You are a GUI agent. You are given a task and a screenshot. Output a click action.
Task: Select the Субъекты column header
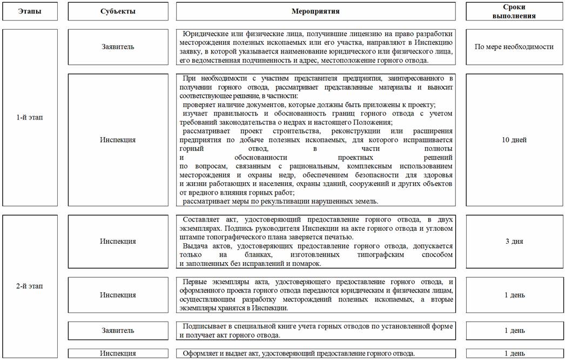tap(118, 11)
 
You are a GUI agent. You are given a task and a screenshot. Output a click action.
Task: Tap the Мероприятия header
tap(316, 11)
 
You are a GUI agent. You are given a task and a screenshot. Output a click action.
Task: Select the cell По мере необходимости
tap(514, 46)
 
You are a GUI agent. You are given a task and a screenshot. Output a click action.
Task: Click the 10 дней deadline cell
tap(514, 140)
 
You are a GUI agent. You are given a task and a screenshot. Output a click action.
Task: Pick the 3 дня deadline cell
tap(514, 241)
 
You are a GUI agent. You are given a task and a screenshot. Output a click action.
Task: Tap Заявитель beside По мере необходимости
tap(118, 46)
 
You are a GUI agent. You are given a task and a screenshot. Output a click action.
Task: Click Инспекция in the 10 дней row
tap(118, 140)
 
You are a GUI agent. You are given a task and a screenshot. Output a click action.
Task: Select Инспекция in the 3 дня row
tap(118, 241)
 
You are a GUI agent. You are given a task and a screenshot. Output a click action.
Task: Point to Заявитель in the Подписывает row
tap(118, 330)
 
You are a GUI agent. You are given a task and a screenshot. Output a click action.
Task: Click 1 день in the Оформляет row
tap(514, 354)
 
